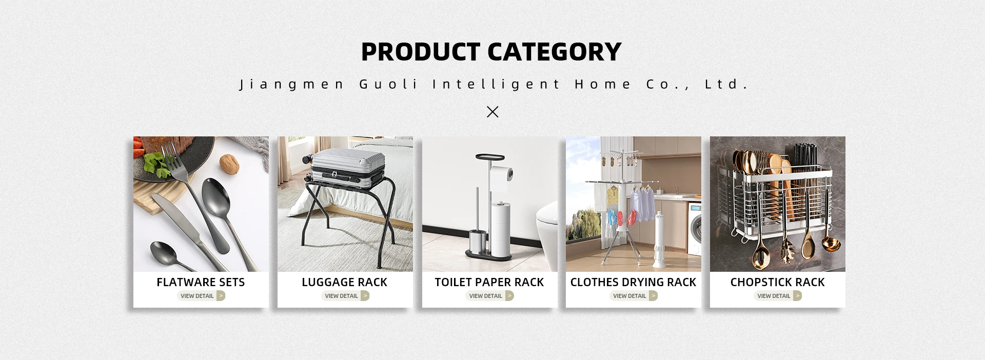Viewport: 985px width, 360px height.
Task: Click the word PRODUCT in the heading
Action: (x=421, y=52)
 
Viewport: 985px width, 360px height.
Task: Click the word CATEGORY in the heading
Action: (x=554, y=52)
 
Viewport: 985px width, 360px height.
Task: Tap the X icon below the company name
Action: (x=493, y=111)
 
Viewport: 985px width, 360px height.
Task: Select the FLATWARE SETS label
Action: (x=201, y=282)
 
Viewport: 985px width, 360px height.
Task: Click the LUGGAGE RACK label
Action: (x=345, y=282)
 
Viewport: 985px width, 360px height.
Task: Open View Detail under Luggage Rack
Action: (x=345, y=296)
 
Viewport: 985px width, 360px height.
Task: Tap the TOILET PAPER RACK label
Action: (x=489, y=282)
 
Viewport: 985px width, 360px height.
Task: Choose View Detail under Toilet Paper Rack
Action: (x=490, y=296)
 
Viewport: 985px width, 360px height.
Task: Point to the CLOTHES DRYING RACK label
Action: (x=633, y=282)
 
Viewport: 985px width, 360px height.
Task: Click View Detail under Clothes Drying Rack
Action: (x=634, y=296)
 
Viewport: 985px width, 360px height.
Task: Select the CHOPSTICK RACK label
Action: (x=777, y=282)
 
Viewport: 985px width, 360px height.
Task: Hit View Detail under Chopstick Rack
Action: (x=778, y=296)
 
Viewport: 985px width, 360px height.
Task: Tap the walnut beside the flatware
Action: (x=229, y=164)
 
